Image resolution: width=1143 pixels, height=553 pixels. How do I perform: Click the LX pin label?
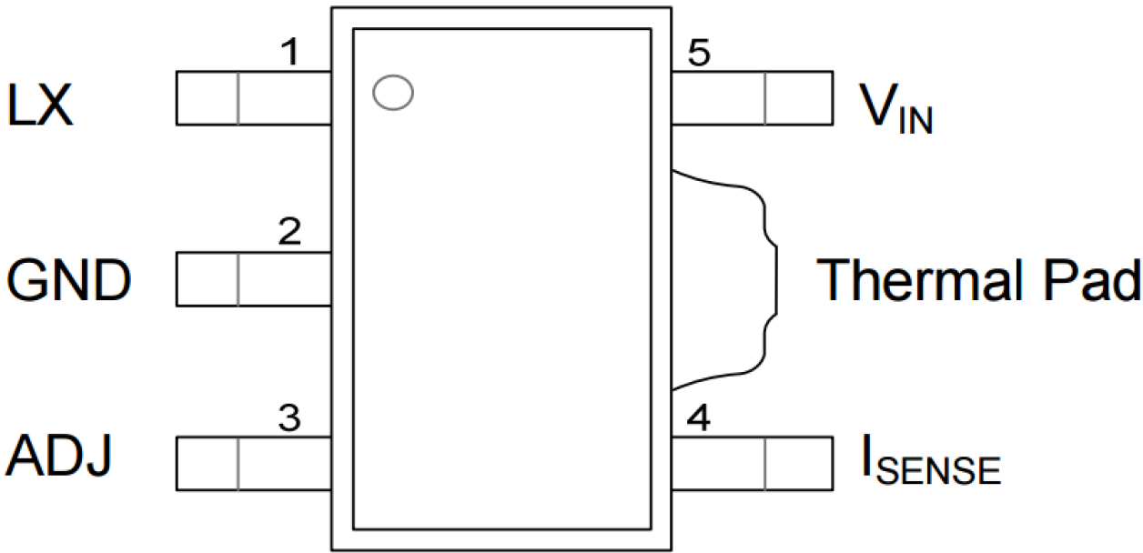40,106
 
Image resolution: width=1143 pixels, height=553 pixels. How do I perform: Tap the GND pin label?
69,279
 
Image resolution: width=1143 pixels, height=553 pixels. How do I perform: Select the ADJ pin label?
58,455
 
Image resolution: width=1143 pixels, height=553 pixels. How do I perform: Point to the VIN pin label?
896,108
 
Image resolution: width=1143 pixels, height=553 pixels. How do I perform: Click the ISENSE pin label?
931,459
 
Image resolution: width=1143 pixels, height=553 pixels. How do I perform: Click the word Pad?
1091,279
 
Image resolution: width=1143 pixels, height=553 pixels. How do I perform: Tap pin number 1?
291,53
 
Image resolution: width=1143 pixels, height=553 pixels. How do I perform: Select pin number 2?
289,231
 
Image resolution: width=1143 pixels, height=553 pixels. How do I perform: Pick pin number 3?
289,417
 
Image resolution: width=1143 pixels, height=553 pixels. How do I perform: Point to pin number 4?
699,417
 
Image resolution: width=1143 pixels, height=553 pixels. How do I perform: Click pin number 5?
699,53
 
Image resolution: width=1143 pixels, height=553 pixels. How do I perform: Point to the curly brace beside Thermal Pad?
776,279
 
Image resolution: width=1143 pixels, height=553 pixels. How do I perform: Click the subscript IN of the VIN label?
915,120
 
